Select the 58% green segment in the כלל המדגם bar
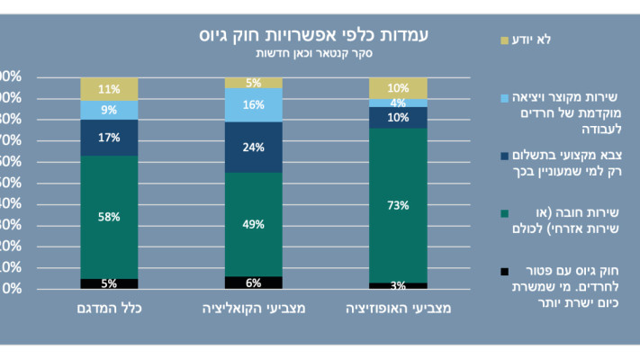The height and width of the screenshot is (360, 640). tap(109, 217)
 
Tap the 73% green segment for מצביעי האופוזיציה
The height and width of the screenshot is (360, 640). tap(397, 204)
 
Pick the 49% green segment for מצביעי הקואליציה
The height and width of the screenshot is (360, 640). tap(253, 224)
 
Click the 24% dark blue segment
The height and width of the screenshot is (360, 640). tap(253, 147)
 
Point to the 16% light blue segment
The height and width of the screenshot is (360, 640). tap(253, 104)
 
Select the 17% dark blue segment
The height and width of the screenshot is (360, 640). tap(109, 138)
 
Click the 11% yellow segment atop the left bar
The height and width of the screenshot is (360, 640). tap(109, 88)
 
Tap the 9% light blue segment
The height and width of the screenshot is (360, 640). tap(109, 110)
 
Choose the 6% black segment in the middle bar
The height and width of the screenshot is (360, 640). tap(253, 283)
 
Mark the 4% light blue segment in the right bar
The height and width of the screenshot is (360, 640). tap(397, 103)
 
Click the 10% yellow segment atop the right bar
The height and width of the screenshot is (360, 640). tap(397, 87)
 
